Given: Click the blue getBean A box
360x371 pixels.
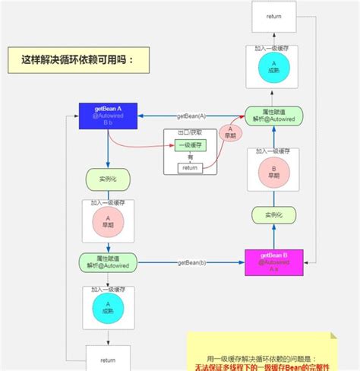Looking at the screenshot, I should (x=106, y=116).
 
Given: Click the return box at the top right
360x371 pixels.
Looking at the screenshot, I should (x=274, y=17).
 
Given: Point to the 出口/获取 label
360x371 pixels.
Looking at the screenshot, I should (x=189, y=133).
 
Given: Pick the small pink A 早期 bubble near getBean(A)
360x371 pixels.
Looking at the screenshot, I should (x=226, y=134).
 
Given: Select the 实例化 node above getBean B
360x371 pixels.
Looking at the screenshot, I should (x=273, y=215).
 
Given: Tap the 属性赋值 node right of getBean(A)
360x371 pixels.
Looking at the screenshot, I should (x=273, y=116).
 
